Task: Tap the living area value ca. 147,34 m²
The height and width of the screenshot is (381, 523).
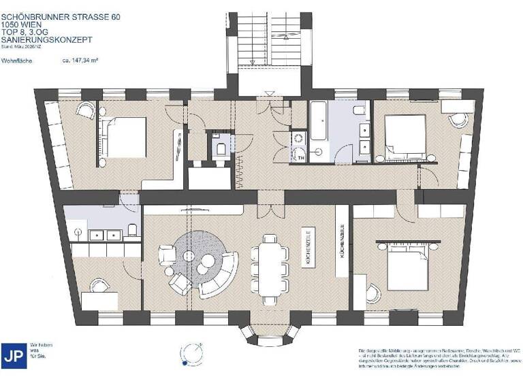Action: pyautogui.click(x=80, y=61)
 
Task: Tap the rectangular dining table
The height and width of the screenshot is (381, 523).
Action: pyautogui.click(x=268, y=268)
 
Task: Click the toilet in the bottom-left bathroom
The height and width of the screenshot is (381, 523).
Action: pyautogui.click(x=133, y=228)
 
